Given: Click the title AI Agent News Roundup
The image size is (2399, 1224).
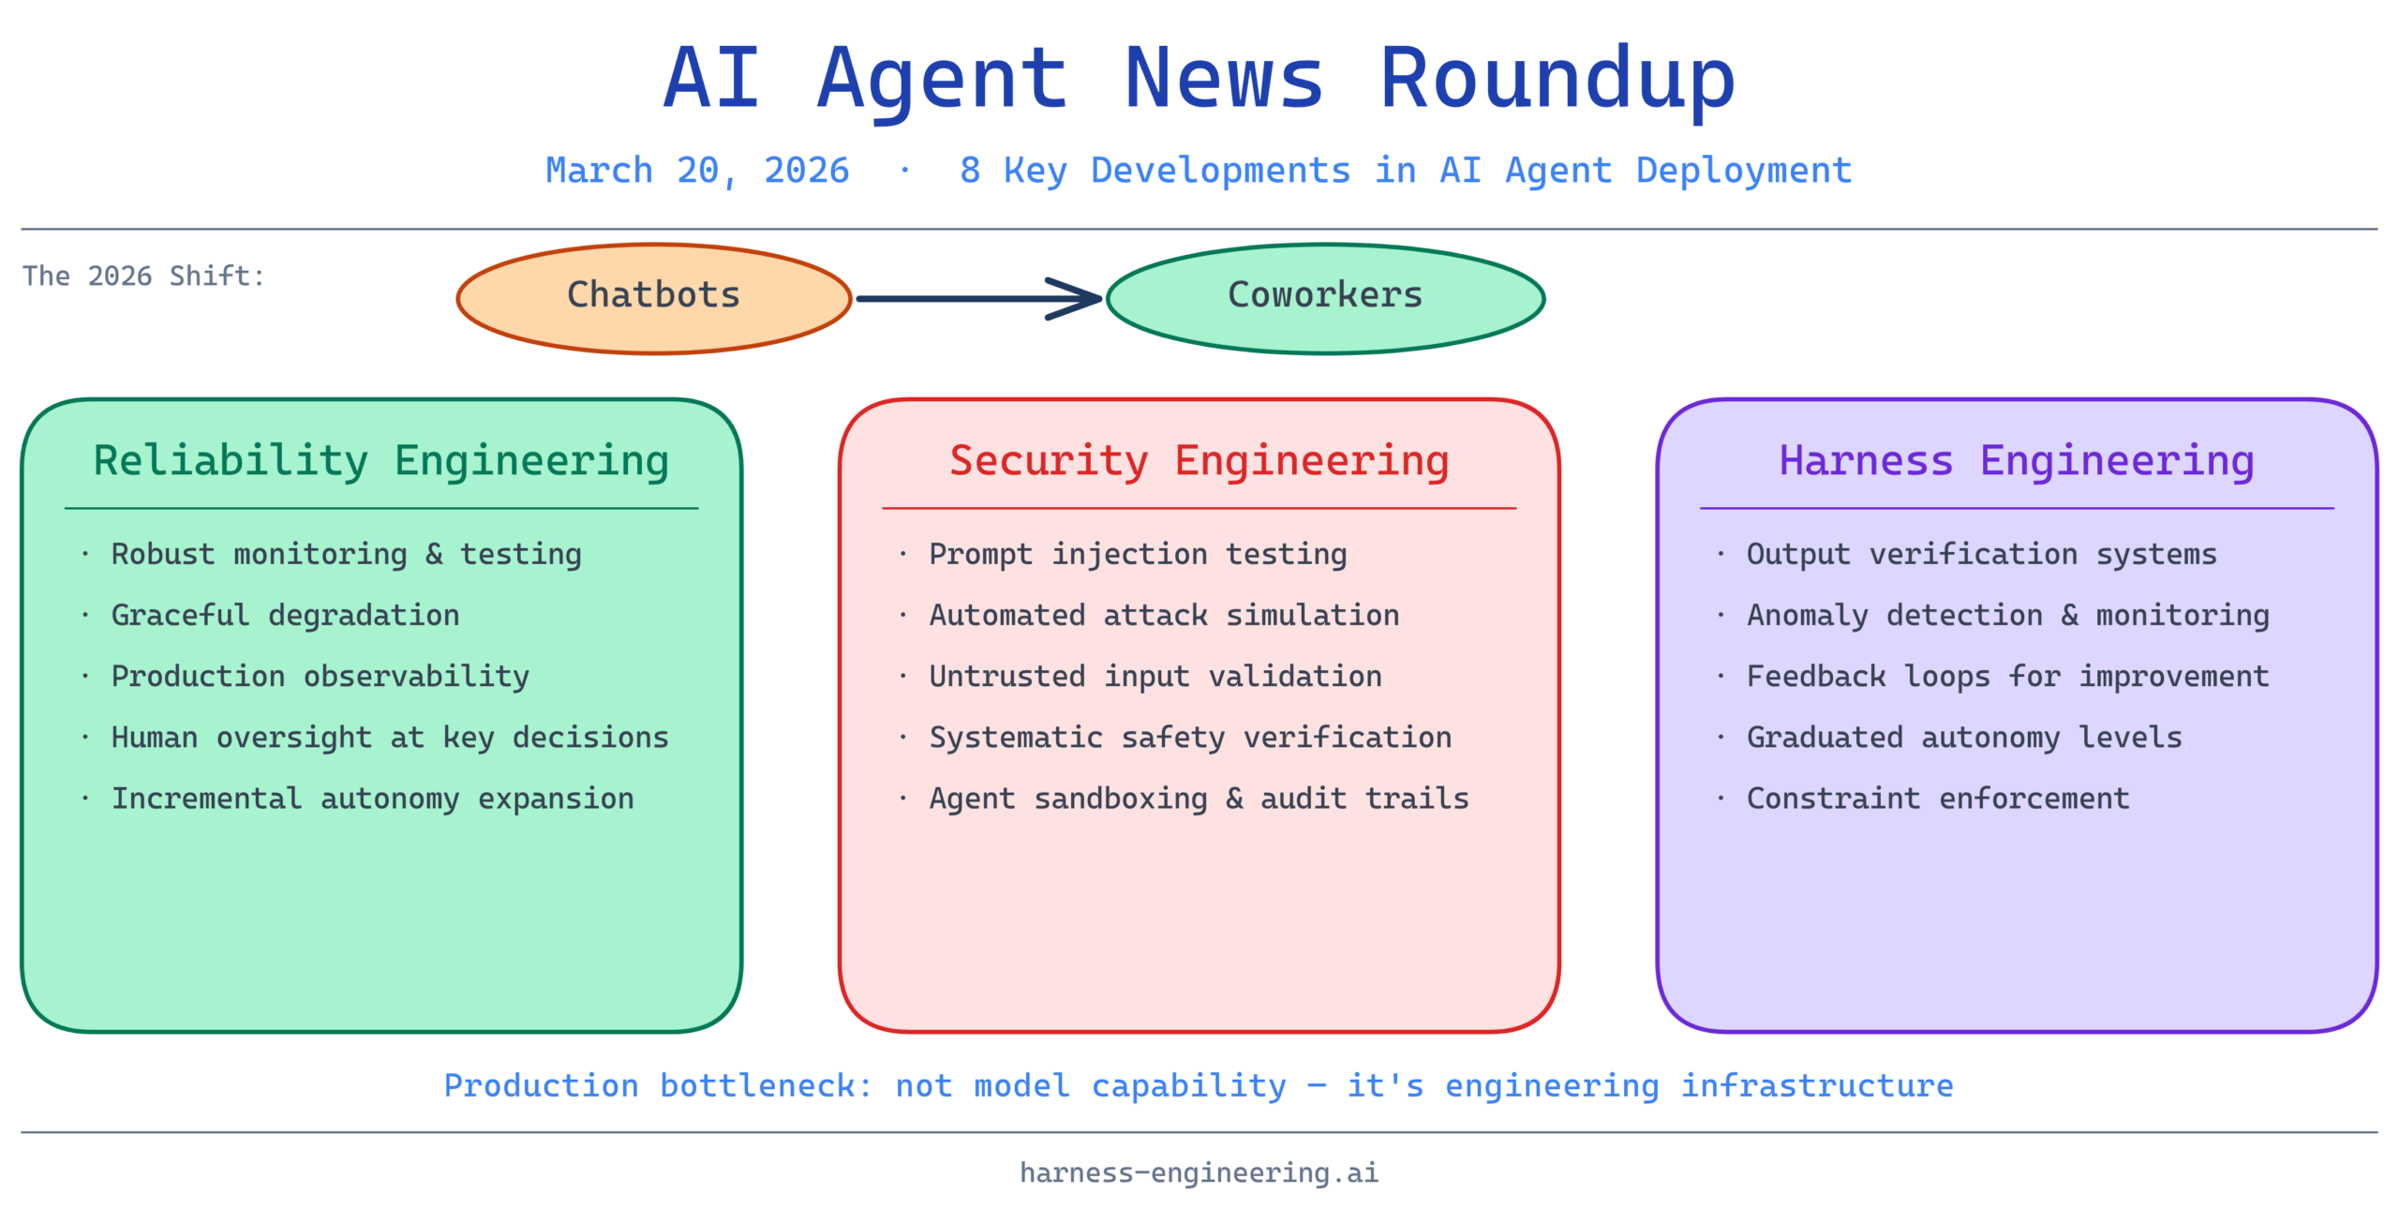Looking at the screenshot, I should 1199,79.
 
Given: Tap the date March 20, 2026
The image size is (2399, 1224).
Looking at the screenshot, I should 697,171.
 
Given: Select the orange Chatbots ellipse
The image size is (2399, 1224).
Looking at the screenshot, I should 654,297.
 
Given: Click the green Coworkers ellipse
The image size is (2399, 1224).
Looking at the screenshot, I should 1325,297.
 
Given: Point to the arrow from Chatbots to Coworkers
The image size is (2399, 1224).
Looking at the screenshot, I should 978,299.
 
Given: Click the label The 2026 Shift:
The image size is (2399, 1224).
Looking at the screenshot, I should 143,276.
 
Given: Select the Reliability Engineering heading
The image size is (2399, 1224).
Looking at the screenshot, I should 381,461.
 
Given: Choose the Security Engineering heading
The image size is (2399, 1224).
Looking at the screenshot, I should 1199,461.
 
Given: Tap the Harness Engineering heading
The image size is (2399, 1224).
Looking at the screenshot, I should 2017,461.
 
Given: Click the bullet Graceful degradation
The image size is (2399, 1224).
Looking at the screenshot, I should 285,616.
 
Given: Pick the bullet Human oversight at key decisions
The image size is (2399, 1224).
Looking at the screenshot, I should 390,738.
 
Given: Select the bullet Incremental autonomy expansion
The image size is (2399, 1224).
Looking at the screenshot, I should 372,799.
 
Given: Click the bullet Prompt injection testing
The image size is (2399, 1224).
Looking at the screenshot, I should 1138,555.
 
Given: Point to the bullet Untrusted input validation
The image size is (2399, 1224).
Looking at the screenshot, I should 1155,677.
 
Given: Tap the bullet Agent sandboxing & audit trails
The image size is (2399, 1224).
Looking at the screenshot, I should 1199,799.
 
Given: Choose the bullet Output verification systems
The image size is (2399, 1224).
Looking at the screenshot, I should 1981,555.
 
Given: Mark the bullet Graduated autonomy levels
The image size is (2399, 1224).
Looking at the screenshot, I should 1964,738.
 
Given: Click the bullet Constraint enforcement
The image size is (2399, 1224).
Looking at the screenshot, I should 1938,799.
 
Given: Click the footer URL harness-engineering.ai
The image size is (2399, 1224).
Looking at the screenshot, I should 1199,1172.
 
